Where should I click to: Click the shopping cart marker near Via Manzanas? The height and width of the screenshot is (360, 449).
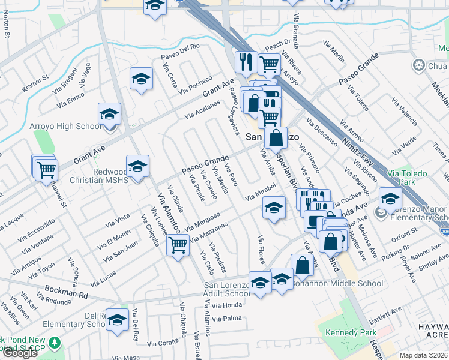178,245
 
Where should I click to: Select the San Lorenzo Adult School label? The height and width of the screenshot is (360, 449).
227,289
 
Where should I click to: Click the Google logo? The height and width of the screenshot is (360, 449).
20,353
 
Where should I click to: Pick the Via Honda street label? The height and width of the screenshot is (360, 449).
227,305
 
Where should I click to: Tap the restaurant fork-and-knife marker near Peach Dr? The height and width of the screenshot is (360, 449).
247,61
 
